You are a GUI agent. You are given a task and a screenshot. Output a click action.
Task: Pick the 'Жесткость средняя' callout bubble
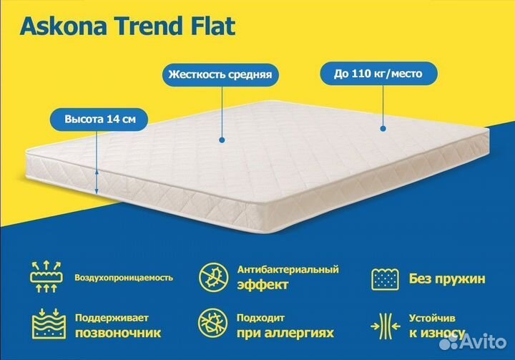pos(220,74)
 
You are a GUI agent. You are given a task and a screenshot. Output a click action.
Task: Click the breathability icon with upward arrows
pos(44,276)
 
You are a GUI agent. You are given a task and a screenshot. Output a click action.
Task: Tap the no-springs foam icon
pos(384,277)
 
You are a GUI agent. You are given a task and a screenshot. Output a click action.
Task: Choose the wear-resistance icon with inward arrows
pos(384,326)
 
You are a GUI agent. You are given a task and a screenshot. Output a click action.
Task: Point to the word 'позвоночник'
pos(118,333)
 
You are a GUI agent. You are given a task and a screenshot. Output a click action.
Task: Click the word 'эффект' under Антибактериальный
pos(263,284)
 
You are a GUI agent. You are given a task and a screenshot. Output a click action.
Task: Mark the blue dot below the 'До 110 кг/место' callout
pos(383,129)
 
